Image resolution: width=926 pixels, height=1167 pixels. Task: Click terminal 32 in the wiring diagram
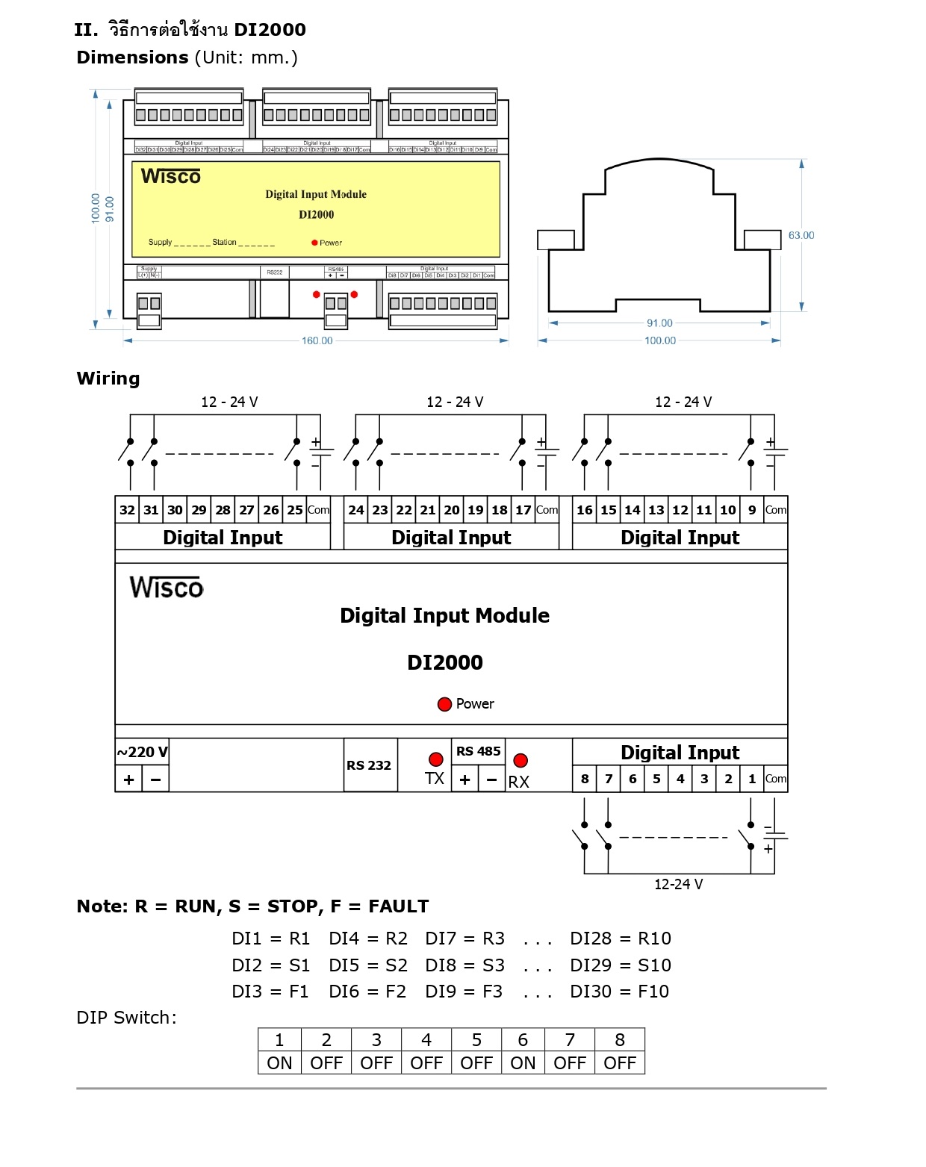(x=127, y=510)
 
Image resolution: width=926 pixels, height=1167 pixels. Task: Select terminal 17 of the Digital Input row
(x=523, y=510)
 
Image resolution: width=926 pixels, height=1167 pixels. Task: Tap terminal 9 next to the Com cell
(x=751, y=510)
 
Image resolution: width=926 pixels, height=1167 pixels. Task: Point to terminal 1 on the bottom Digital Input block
(x=751, y=779)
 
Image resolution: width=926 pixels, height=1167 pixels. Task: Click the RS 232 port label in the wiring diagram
(x=369, y=765)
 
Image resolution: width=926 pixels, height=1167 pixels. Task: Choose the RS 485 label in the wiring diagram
(x=478, y=751)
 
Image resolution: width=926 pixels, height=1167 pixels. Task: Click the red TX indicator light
(x=436, y=759)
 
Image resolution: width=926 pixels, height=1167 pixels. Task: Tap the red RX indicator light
(x=521, y=760)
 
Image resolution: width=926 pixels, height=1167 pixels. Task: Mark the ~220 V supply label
(x=142, y=752)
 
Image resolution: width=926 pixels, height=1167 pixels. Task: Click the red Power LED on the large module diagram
(x=444, y=704)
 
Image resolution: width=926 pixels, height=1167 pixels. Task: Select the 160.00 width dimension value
(x=317, y=340)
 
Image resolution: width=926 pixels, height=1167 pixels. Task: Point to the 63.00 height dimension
(x=801, y=235)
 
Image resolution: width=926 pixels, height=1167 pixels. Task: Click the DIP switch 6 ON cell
(x=523, y=1062)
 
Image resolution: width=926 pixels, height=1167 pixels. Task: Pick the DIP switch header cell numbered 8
(x=619, y=1040)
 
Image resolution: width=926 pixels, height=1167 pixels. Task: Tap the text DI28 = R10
(x=620, y=939)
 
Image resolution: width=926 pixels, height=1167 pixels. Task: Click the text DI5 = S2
(x=367, y=965)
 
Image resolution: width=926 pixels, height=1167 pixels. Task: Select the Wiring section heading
(x=108, y=379)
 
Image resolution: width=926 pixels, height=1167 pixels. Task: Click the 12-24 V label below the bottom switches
(x=678, y=884)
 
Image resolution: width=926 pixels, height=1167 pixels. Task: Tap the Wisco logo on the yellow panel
(x=171, y=176)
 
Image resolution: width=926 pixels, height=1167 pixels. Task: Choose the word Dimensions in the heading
(x=132, y=57)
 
